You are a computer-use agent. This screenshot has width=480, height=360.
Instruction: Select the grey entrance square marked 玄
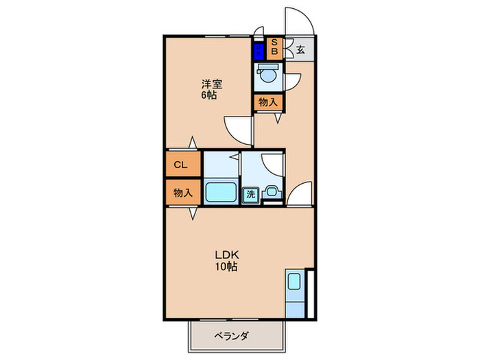coord(300,49)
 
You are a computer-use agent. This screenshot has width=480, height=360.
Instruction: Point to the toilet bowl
coord(267,73)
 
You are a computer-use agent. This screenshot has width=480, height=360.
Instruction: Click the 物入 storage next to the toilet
coord(268,101)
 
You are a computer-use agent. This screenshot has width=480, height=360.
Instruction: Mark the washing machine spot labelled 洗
coord(251,194)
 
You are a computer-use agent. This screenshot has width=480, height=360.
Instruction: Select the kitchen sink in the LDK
coord(294,283)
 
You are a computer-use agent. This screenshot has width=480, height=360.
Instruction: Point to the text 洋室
coord(211,84)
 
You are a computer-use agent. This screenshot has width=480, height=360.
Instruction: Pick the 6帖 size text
coord(210,96)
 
